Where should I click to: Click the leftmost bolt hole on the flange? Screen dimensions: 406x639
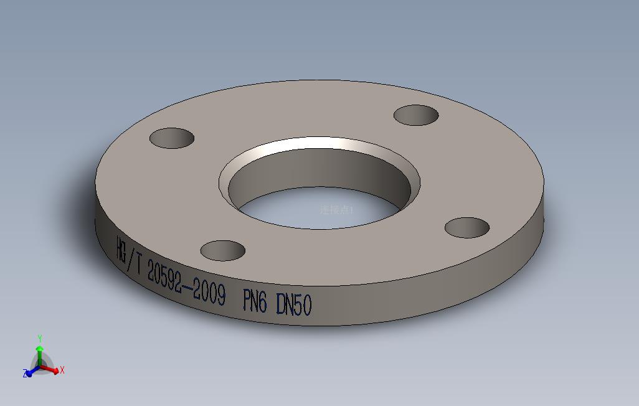pos(172,138)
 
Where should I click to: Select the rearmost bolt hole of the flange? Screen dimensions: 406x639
pos(417,115)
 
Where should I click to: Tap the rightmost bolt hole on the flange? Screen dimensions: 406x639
pos(467,227)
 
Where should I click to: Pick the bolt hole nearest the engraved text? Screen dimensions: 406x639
pos(222,250)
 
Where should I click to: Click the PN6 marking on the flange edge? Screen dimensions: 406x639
pos(254,302)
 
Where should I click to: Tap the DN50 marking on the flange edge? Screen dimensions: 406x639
pos(293,304)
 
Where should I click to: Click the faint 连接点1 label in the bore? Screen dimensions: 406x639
pos(336,210)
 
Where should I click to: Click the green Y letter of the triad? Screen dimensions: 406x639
pos(40,339)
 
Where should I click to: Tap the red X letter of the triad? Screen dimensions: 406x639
pos(62,371)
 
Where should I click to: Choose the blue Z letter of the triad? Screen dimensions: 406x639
pos(26,374)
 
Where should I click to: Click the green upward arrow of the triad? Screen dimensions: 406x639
pos(40,352)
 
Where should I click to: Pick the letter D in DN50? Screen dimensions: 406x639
pos(281,304)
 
